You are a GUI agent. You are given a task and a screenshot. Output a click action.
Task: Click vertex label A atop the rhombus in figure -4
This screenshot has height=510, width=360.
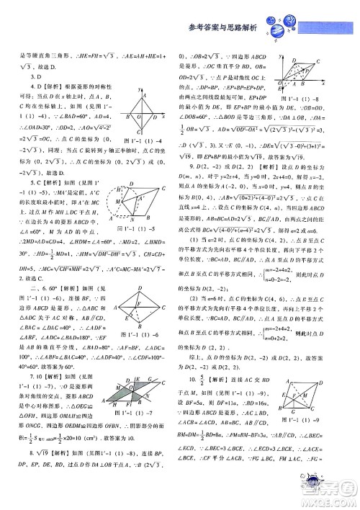[144, 94]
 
